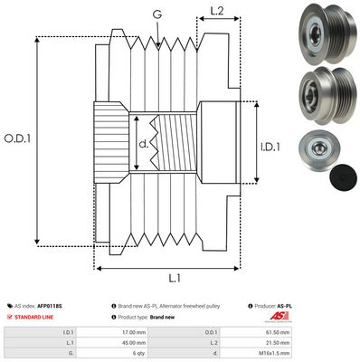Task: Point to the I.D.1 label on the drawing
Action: tap(270, 144)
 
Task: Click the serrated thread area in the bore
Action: tap(163, 141)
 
